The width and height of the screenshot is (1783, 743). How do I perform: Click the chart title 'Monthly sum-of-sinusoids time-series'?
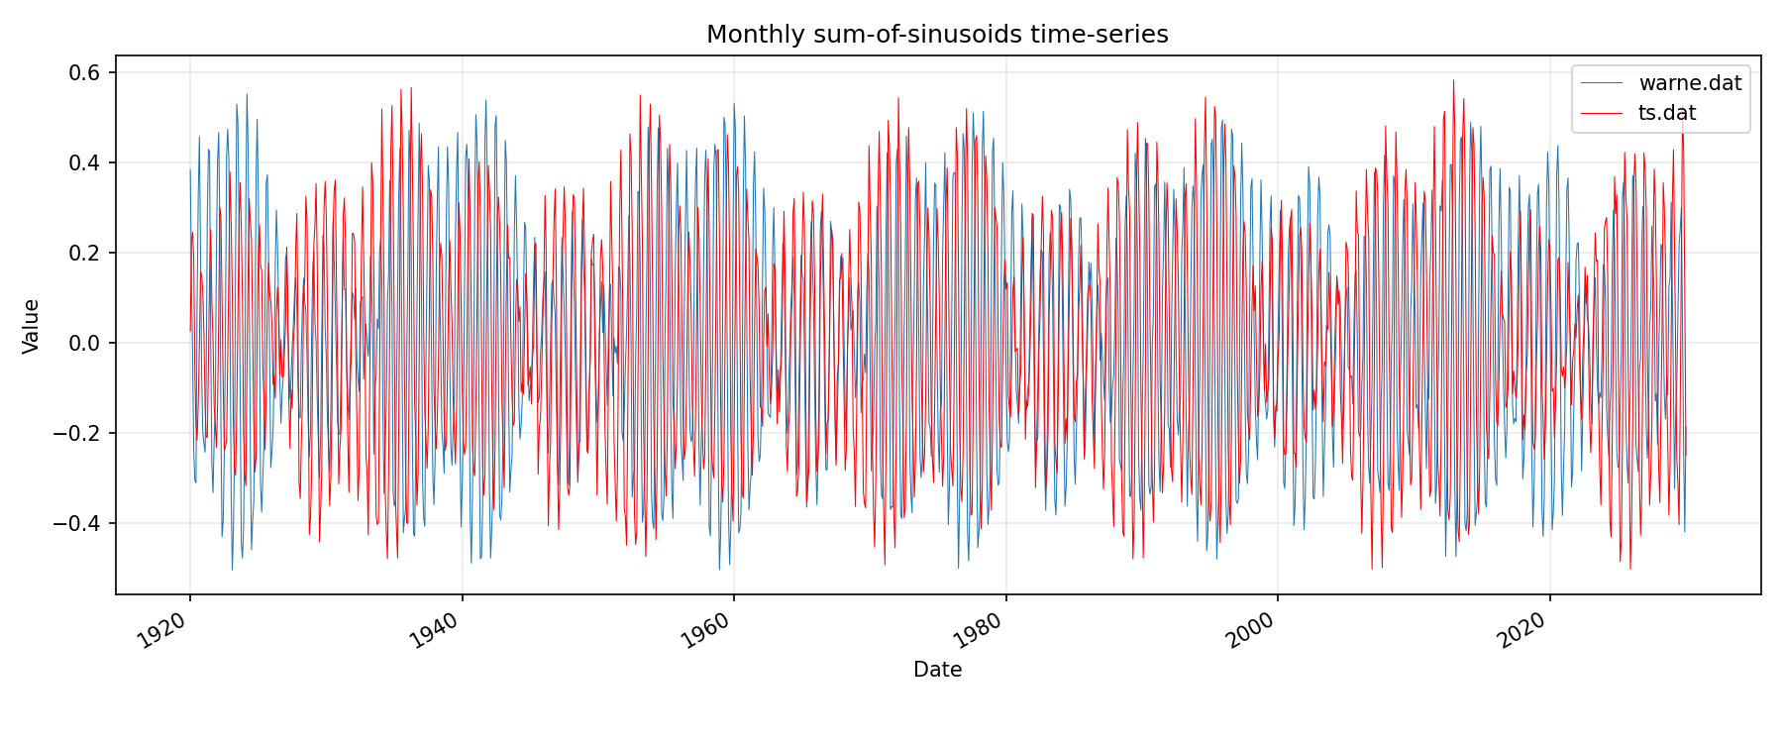point(937,35)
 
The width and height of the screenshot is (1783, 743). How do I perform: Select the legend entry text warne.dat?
point(1690,83)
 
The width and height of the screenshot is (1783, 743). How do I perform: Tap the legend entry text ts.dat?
point(1667,113)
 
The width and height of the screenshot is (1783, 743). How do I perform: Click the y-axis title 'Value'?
point(32,326)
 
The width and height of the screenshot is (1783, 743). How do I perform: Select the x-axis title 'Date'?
point(937,670)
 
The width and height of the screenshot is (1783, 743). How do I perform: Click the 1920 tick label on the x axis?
point(162,630)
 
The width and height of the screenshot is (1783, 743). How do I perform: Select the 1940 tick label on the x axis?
point(435,630)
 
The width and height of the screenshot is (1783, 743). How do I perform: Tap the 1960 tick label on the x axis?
point(706,630)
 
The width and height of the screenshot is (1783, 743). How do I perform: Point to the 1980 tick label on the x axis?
point(979,630)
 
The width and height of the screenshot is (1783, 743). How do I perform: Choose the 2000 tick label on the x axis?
point(1250,630)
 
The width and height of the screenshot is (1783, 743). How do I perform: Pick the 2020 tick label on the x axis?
point(1522,630)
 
